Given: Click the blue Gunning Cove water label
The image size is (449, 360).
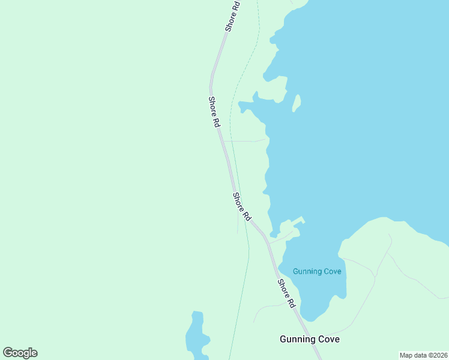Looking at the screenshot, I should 317,271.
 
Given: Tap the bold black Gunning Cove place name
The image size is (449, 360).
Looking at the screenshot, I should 310,339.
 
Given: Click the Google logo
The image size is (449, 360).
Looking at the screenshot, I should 20,353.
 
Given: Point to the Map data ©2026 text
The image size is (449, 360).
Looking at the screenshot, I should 423,355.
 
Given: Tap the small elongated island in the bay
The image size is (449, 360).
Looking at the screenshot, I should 296,103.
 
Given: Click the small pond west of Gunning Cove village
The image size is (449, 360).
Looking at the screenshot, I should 196,336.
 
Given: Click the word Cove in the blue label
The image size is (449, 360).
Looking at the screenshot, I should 331,271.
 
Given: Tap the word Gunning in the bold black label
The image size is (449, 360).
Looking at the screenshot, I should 295,339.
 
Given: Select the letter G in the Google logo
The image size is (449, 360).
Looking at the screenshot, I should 8,353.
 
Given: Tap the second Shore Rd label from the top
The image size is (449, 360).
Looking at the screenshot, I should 214,112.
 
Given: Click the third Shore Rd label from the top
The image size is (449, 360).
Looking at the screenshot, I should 242,206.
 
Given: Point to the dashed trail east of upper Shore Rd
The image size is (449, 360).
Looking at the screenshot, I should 243,72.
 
